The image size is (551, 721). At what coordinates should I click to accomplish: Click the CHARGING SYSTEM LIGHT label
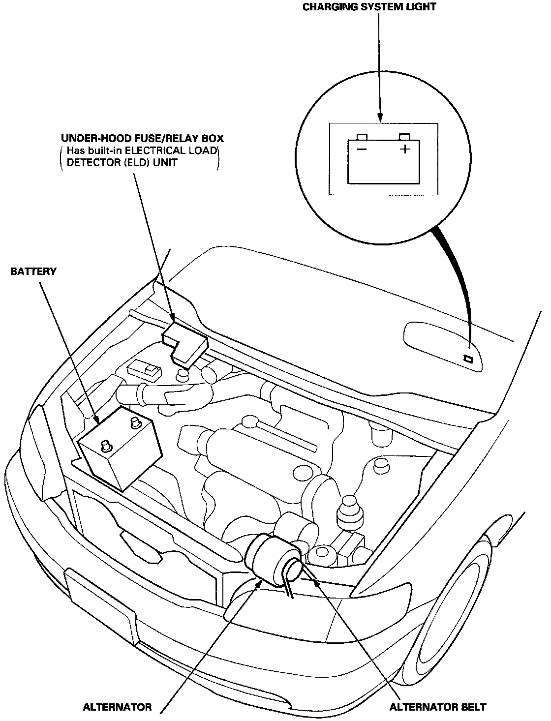click(369, 7)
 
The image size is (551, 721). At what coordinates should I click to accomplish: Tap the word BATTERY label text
click(33, 271)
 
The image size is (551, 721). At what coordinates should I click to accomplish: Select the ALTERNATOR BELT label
click(437, 707)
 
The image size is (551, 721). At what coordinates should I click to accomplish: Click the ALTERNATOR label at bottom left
click(118, 707)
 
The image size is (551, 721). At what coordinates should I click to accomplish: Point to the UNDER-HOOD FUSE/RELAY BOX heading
click(142, 139)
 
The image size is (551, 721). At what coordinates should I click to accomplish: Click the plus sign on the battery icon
click(405, 149)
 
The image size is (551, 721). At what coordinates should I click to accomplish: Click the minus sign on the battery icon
click(362, 149)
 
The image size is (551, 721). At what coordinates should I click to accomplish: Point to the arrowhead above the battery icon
click(380, 117)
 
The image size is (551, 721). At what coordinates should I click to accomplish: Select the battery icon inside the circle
click(383, 160)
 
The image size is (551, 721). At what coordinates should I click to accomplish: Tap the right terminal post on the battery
click(134, 422)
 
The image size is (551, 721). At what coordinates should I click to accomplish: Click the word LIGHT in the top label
click(420, 7)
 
